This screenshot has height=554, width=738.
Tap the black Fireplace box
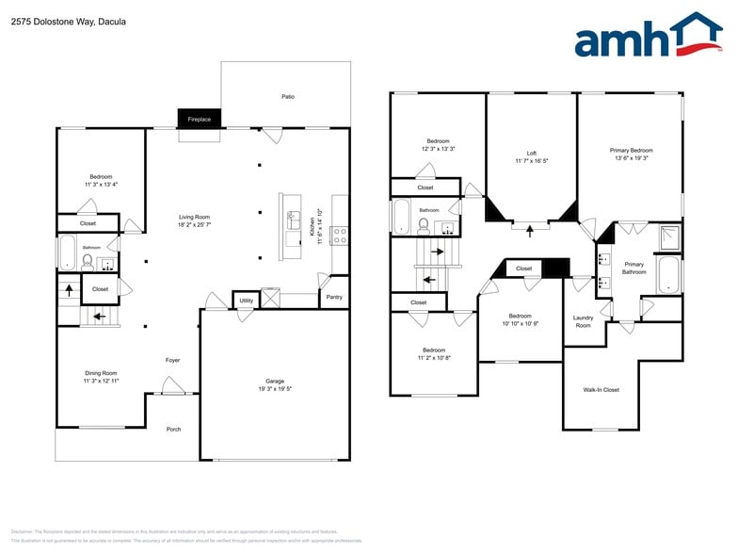point(199,119)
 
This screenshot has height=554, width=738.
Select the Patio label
point(287,96)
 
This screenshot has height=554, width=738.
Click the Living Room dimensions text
point(195,225)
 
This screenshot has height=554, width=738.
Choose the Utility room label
point(246,301)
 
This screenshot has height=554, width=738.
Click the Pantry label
point(334,297)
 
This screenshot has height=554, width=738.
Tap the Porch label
point(173,430)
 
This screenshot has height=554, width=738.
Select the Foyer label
point(173,360)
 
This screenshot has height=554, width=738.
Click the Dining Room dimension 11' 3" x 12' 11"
point(101,381)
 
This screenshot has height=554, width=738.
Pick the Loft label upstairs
point(531,153)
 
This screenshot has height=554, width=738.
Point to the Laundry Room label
point(583,321)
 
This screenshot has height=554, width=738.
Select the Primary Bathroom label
point(634,269)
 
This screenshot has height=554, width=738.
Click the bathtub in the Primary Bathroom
point(667,274)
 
